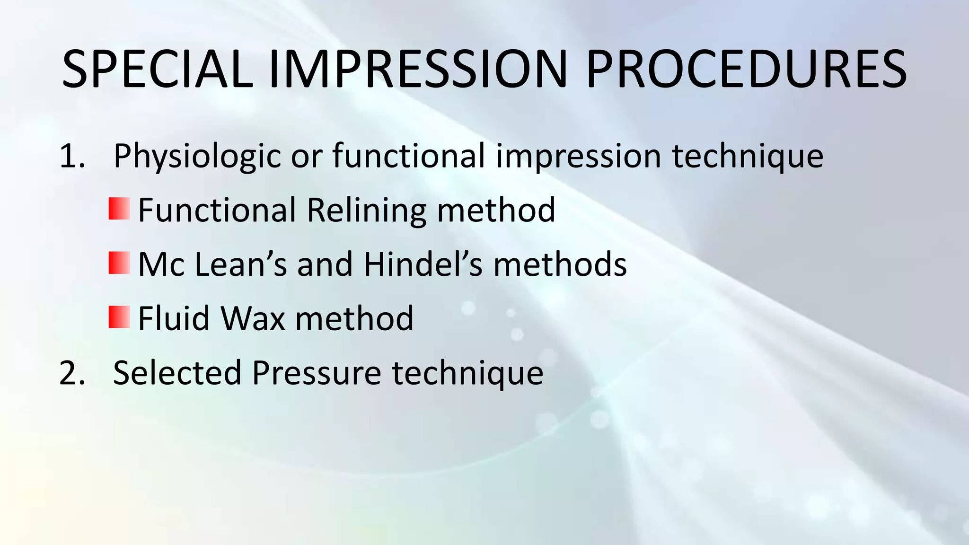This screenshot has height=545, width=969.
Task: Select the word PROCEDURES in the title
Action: click(x=746, y=70)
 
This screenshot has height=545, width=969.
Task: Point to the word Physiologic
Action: click(x=197, y=156)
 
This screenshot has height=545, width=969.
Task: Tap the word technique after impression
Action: click(x=748, y=156)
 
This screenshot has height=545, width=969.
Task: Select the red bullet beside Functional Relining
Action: click(x=119, y=209)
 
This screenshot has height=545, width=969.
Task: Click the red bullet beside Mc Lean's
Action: click(x=119, y=263)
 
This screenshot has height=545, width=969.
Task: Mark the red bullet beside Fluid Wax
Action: click(x=119, y=317)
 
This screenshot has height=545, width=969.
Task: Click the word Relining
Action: click(x=367, y=210)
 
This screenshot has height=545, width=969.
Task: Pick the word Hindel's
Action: click(x=423, y=264)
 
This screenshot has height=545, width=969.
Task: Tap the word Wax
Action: click(x=253, y=318)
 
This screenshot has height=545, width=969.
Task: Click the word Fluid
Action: click(x=174, y=318)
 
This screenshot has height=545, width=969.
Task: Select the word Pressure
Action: click(x=317, y=373)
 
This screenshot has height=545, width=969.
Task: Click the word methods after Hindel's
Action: click(x=560, y=264)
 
